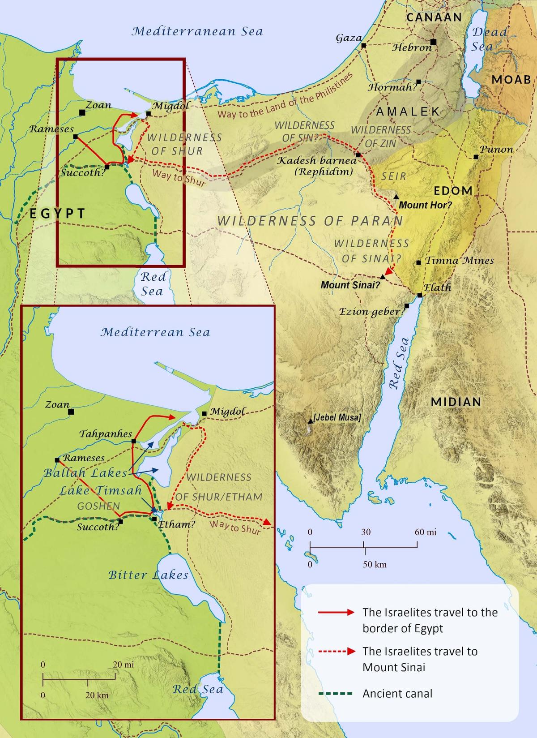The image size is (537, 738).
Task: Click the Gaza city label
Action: tap(349, 38)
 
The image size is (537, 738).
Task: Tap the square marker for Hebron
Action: tap(433, 42)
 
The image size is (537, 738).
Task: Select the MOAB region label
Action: tap(511, 80)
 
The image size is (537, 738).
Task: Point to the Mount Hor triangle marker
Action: tap(396, 197)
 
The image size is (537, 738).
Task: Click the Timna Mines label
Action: tap(459, 260)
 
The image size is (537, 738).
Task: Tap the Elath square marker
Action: tap(420, 295)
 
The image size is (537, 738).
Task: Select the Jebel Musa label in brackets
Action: tap(337, 417)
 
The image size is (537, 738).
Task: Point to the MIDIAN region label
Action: tap(456, 402)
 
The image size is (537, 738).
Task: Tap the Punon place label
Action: tap(496, 149)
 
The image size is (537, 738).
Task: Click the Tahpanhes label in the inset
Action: tap(106, 434)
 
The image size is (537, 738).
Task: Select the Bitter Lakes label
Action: tap(148, 575)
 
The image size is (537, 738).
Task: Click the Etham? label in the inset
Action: tap(177, 524)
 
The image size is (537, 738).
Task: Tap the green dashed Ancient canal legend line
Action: tap(335, 694)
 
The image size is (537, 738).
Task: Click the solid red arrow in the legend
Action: tap(336, 613)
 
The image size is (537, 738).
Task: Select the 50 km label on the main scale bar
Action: tap(375, 564)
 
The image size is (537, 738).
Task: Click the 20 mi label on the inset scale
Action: tap(124, 665)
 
